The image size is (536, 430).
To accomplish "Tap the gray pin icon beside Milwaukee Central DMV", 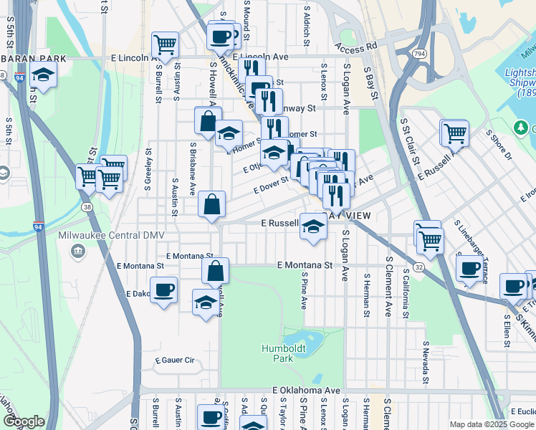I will click(x=77, y=252).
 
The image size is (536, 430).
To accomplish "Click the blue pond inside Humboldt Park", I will click(x=302, y=338).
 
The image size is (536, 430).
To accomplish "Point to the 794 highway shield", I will click(x=420, y=54).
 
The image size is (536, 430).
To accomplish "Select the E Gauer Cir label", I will click(x=174, y=360).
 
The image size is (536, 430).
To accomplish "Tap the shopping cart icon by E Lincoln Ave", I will click(x=165, y=44).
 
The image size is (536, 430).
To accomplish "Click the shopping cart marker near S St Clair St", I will click(x=454, y=132).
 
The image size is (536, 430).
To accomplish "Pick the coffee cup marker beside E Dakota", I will click(x=164, y=290).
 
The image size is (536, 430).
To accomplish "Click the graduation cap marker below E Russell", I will click(x=312, y=226).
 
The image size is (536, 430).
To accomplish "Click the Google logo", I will click(x=24, y=421).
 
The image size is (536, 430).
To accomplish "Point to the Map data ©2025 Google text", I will click(x=491, y=424).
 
